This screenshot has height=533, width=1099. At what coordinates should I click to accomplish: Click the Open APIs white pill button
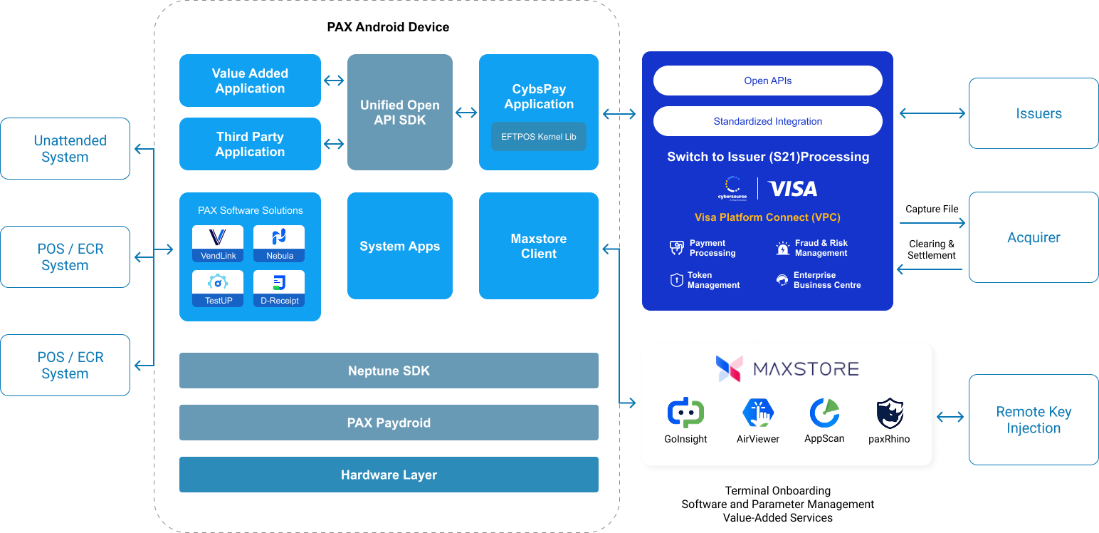pyautogui.click(x=767, y=81)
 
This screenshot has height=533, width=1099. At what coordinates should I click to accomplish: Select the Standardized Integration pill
pyautogui.click(x=767, y=121)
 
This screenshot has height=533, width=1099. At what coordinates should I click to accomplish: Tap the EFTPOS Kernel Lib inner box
pyautogui.click(x=538, y=137)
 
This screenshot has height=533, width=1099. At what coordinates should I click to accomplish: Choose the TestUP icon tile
pyautogui.click(x=218, y=288)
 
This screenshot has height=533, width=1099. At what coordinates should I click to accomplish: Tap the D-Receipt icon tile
pyautogui.click(x=279, y=288)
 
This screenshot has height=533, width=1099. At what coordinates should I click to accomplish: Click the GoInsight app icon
pyautogui.click(x=685, y=413)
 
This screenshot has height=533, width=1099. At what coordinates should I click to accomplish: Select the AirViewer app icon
pyautogui.click(x=758, y=413)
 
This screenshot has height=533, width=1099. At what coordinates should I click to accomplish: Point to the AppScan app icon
pyautogui.click(x=824, y=413)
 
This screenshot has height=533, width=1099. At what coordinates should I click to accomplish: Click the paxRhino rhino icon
pyautogui.click(x=889, y=413)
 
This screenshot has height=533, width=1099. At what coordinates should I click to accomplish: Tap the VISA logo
pyautogui.click(x=793, y=189)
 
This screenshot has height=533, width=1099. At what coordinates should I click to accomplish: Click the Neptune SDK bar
pyautogui.click(x=389, y=371)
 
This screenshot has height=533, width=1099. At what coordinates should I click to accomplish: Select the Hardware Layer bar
pyautogui.click(x=389, y=475)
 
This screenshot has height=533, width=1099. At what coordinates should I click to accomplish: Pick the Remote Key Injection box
pyautogui.click(x=1034, y=420)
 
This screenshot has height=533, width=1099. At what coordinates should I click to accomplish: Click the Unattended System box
pyautogui.click(x=65, y=148)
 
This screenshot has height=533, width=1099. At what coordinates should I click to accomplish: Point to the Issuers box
pyautogui.click(x=1034, y=113)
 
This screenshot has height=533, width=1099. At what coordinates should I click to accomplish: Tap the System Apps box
pyautogui.click(x=399, y=246)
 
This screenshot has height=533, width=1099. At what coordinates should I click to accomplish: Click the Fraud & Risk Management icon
pyautogui.click(x=783, y=248)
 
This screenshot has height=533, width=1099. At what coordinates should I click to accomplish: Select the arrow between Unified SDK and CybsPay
pyautogui.click(x=466, y=113)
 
